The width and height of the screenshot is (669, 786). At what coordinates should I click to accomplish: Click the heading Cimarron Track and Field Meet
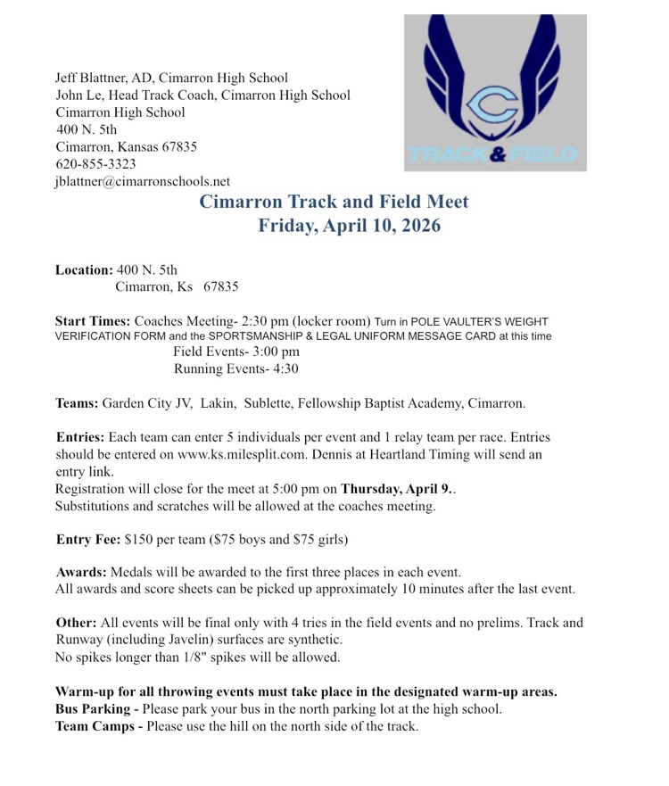(334, 202)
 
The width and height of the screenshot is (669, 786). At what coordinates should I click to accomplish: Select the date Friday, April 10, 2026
(349, 226)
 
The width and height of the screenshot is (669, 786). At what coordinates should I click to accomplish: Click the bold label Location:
(84, 269)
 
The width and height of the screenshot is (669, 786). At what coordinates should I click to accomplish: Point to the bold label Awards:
(85, 572)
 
